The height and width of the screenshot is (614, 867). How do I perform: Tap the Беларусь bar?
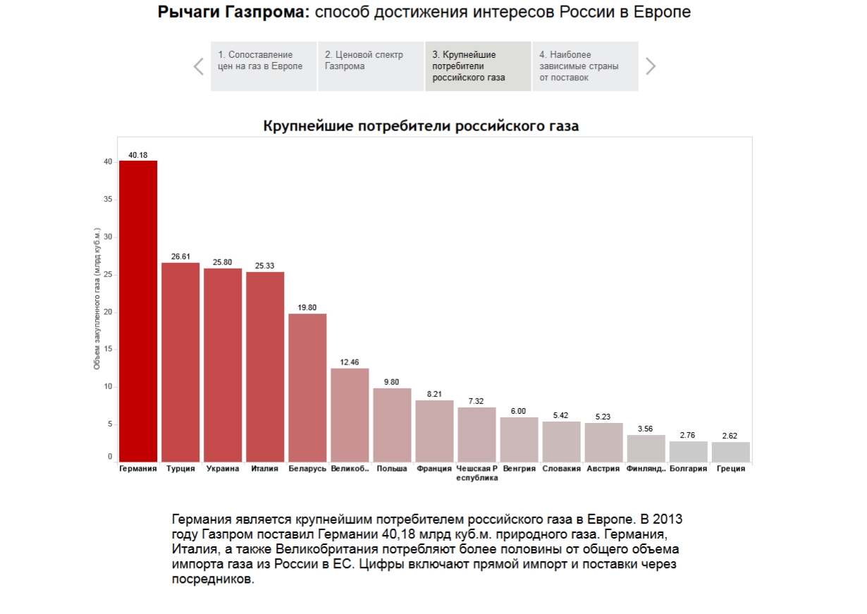[x=307, y=387]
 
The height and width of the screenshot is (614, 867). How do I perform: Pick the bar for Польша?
[x=392, y=424]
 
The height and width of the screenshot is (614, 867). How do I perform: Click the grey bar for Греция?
[x=730, y=451]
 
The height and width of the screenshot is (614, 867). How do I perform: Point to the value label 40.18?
[x=138, y=154]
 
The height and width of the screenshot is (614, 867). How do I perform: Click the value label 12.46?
[x=350, y=362]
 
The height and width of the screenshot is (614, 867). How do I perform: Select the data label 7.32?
[x=476, y=401]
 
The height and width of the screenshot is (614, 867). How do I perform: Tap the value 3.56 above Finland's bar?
[x=646, y=429]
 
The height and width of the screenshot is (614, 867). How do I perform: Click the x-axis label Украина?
[x=223, y=468]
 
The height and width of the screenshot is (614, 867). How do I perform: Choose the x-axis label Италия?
[x=265, y=468]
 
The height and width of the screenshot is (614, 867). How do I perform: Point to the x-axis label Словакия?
[x=562, y=468]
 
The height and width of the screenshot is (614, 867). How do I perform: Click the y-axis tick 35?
[x=108, y=199]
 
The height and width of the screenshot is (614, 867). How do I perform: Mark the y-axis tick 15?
[x=108, y=349]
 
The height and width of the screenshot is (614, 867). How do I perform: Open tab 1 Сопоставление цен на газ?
[x=264, y=66]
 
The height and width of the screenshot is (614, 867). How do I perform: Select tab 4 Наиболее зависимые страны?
[x=584, y=66]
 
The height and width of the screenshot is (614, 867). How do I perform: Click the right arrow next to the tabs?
[x=651, y=66]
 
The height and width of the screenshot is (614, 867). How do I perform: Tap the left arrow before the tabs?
[x=199, y=66]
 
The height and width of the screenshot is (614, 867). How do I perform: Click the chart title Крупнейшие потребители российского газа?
[x=421, y=126]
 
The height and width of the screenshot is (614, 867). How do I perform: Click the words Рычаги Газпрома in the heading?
[x=233, y=12]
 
